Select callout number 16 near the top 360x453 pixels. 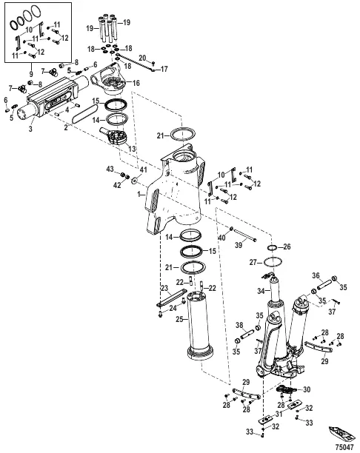click(136, 84)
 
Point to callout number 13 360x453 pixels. click(133, 149)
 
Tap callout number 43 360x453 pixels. click(110, 170)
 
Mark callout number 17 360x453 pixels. click(164, 69)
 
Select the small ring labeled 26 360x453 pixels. click(273, 246)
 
